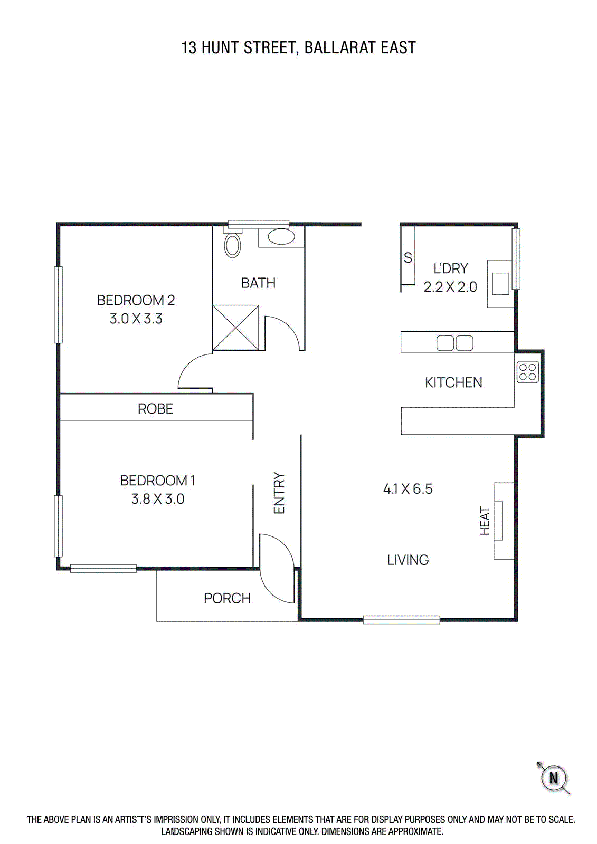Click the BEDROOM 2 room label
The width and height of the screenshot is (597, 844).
coord(136,300)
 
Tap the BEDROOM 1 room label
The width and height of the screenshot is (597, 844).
coord(158,481)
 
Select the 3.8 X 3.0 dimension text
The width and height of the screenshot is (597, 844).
coord(158,499)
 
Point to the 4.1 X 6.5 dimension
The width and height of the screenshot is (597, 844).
coord(408,488)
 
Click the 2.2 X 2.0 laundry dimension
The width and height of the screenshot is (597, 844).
coord(450,287)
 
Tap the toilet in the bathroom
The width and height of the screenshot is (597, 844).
coord(232,244)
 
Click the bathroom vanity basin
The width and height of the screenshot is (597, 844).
coord(282,237)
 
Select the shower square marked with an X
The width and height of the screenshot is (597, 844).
coord(236,328)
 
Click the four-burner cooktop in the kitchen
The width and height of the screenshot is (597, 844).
coord(528,372)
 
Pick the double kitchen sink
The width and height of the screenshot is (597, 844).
coord(455,343)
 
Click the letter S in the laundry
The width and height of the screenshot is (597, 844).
coord(408,258)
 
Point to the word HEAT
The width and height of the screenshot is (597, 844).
coord(485,521)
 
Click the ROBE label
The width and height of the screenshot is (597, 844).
coord(155,409)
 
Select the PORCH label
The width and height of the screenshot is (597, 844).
coord(227,598)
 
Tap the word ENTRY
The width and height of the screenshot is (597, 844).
coord(279,493)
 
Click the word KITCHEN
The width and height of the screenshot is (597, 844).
coord(454,382)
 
